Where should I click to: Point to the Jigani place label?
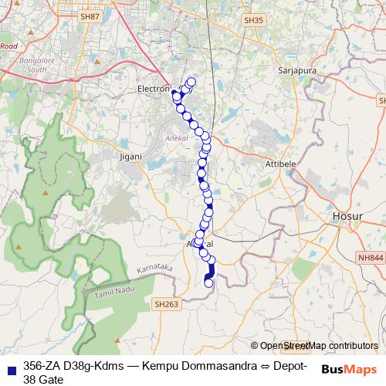click(131, 156)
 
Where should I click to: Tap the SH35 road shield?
click(252, 21)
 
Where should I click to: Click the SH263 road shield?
click(167, 304)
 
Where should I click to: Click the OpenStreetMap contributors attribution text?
click(318, 346)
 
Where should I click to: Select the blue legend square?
click(10, 368)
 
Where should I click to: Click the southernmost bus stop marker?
click(208, 283)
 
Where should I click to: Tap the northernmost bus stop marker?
click(191, 82)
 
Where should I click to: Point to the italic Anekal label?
click(177, 138)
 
